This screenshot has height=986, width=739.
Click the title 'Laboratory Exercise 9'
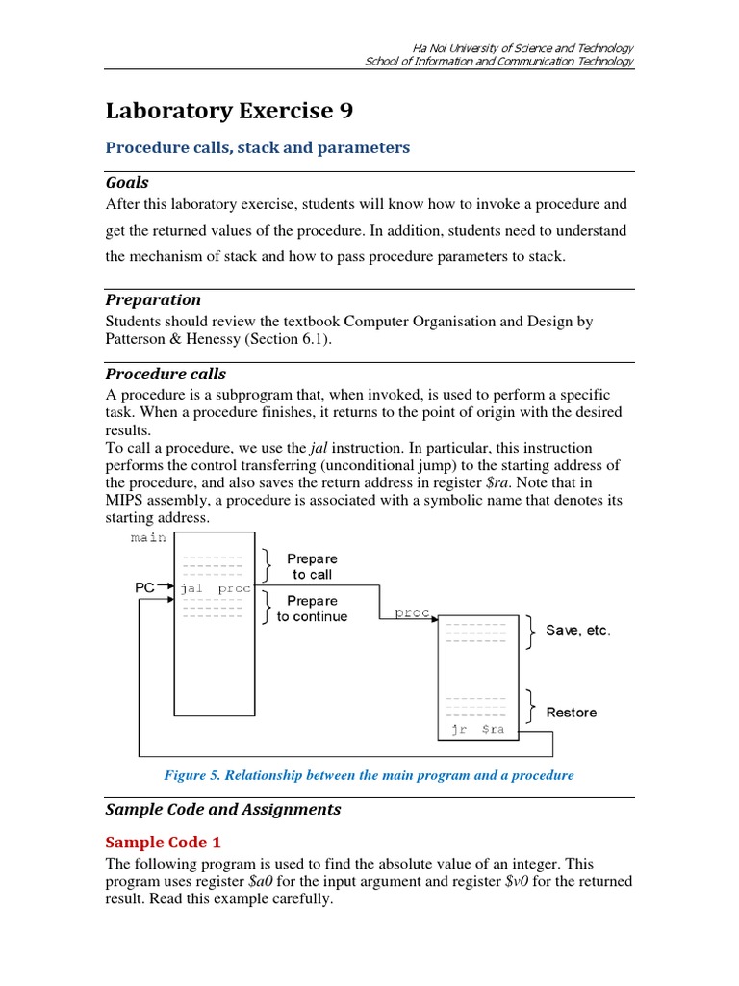point(229,112)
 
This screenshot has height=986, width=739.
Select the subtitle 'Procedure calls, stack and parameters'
point(257,147)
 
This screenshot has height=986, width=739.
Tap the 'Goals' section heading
point(127,183)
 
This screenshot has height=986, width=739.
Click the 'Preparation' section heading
point(153,299)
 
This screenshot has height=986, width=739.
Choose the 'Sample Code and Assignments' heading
point(223,809)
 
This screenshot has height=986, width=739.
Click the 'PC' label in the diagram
point(144,586)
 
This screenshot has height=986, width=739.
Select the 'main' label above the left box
point(148,537)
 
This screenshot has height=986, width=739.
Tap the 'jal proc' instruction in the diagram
point(215,587)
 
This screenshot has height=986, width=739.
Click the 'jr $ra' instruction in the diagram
point(477,730)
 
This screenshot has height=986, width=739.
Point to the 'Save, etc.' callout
point(578,631)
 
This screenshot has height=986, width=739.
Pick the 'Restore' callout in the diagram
point(572,713)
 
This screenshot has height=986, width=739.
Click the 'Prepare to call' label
point(312,566)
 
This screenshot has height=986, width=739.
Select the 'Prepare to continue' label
point(312,609)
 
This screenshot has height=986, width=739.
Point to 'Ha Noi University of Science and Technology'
point(522,48)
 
